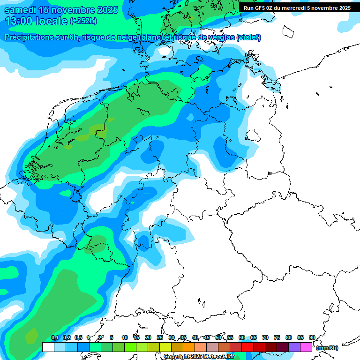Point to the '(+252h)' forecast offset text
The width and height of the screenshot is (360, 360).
click(83, 21)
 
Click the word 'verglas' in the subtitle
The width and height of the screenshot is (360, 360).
click(218, 37)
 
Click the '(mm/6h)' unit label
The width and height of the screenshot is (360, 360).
click(327, 348)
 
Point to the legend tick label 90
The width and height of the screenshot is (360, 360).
click(312, 337)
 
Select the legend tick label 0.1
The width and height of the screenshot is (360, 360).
click(54, 337)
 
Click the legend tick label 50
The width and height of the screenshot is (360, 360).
click(218, 337)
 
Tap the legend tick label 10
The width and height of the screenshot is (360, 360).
click(125, 337)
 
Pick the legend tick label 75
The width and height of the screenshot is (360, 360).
click(277, 337)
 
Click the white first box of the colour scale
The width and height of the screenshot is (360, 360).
click(48, 347)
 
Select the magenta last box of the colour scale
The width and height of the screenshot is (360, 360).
click(306, 347)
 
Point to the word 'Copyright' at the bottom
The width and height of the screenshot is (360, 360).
click(177, 357)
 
